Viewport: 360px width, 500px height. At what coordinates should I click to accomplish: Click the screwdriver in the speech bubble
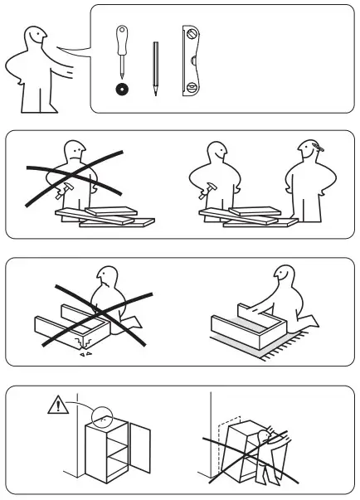coord(121,55)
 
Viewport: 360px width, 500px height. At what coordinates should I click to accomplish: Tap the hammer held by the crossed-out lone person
coord(58,192)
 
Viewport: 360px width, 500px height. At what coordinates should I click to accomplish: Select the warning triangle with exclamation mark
coord(56,406)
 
